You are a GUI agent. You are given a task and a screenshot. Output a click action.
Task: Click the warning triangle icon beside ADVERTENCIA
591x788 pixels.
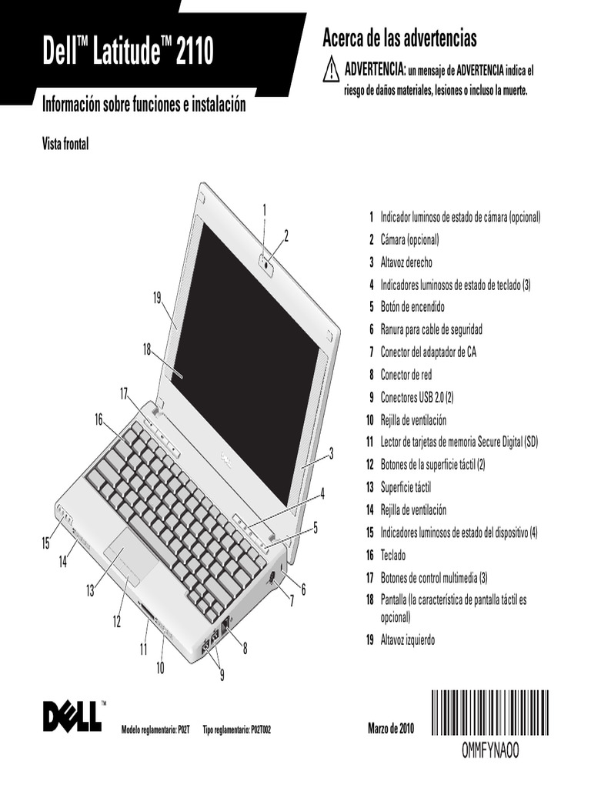[331, 71]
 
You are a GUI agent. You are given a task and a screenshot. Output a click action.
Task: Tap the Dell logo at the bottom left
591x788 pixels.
[72, 715]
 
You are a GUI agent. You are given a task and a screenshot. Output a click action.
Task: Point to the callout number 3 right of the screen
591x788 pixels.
[331, 453]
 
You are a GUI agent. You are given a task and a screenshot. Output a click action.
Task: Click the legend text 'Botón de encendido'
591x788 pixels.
[412, 307]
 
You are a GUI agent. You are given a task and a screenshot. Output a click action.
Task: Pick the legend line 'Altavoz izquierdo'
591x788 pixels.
[407, 639]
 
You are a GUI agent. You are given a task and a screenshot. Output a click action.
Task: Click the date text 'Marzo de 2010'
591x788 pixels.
[391, 728]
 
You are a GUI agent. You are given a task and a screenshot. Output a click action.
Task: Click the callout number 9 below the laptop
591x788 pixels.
[222, 676]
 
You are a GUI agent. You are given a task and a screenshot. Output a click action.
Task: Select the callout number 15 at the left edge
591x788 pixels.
[45, 543]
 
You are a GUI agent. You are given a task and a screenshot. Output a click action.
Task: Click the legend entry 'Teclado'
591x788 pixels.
[392, 555]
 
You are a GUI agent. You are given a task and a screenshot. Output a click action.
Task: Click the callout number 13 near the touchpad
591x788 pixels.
[90, 591]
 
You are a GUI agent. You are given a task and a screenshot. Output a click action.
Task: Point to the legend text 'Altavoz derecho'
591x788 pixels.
[406, 262]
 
